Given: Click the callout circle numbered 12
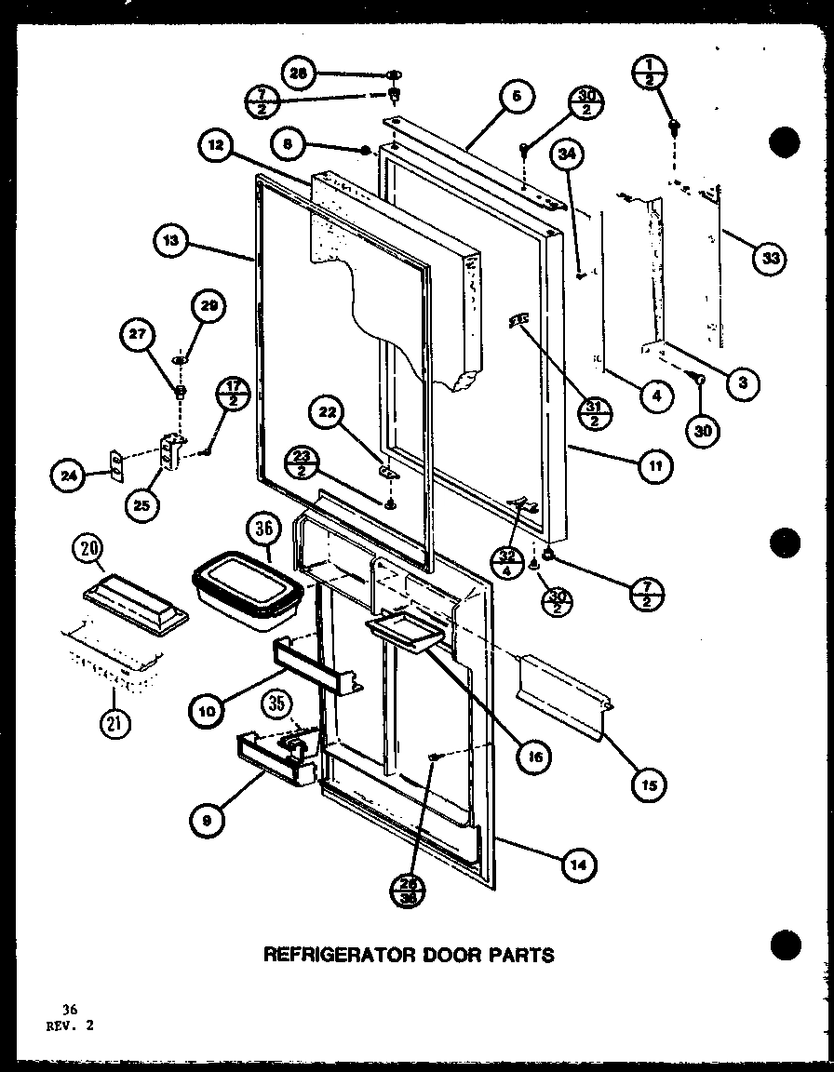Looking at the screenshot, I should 215,146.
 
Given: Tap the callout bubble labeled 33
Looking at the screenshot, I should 769,260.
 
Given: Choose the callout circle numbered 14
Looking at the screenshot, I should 578,864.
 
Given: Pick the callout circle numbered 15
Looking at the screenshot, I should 649,784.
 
